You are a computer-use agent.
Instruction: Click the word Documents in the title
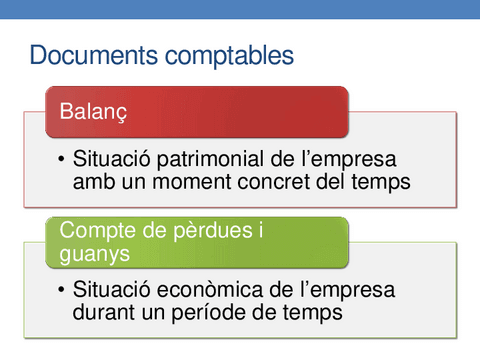tap(89, 54)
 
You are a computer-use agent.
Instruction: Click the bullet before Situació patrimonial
tap(62, 160)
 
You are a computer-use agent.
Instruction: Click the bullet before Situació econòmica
tap(62, 291)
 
